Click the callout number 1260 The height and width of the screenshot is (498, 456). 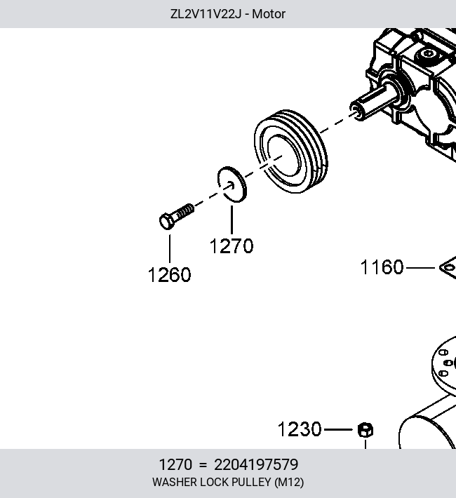pos(169,274)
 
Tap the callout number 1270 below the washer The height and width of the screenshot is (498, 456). pos(232,245)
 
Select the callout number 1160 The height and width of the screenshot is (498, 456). pos(382,267)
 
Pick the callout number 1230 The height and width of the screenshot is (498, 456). pos(300,429)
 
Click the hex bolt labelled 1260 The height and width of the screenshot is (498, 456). pos(177,216)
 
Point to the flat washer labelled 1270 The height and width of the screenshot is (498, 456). pos(232,184)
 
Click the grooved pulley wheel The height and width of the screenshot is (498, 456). pos(290,152)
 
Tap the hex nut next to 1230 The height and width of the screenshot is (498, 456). pos(366,430)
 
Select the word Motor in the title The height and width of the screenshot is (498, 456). pos(269,14)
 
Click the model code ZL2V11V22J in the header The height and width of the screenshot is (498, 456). pos(206,14)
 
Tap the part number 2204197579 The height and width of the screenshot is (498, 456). pos(256,464)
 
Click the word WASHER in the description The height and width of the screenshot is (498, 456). pos(175,482)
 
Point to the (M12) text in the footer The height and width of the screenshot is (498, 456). pos(289,482)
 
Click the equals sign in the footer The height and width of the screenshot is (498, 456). pos(203,465)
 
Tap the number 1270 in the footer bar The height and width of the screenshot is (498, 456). pos(175,464)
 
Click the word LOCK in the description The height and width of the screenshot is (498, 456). pos(214,482)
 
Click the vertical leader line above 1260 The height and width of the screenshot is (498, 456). pos(170,249)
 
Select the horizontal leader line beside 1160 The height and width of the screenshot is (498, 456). pos(420,268)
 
